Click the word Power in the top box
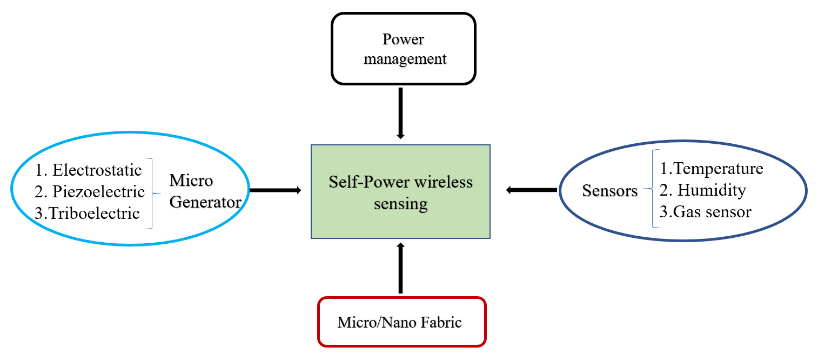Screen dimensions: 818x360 tap(403, 39)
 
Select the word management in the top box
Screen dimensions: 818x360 tap(405, 59)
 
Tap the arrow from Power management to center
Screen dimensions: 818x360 tap(400, 114)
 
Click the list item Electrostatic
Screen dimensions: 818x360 tap(88, 170)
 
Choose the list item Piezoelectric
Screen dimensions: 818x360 tap(90, 191)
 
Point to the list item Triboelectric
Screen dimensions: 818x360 tap(87, 213)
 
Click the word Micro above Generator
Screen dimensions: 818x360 tap(191, 180)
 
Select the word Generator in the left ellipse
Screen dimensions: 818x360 tap(205, 202)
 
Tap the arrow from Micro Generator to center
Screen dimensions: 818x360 tap(276, 190)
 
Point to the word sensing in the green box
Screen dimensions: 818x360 tap(400, 204)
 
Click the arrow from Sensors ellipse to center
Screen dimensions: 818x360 tap(532, 190)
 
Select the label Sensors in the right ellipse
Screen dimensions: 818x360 tap(610, 191)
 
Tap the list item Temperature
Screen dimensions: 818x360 tap(712, 169)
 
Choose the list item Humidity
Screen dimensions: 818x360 tap(702, 190)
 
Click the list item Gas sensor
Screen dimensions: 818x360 tap(706, 212)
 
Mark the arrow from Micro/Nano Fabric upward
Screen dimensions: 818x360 tap(400, 268)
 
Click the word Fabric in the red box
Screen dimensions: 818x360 tap(441, 322)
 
